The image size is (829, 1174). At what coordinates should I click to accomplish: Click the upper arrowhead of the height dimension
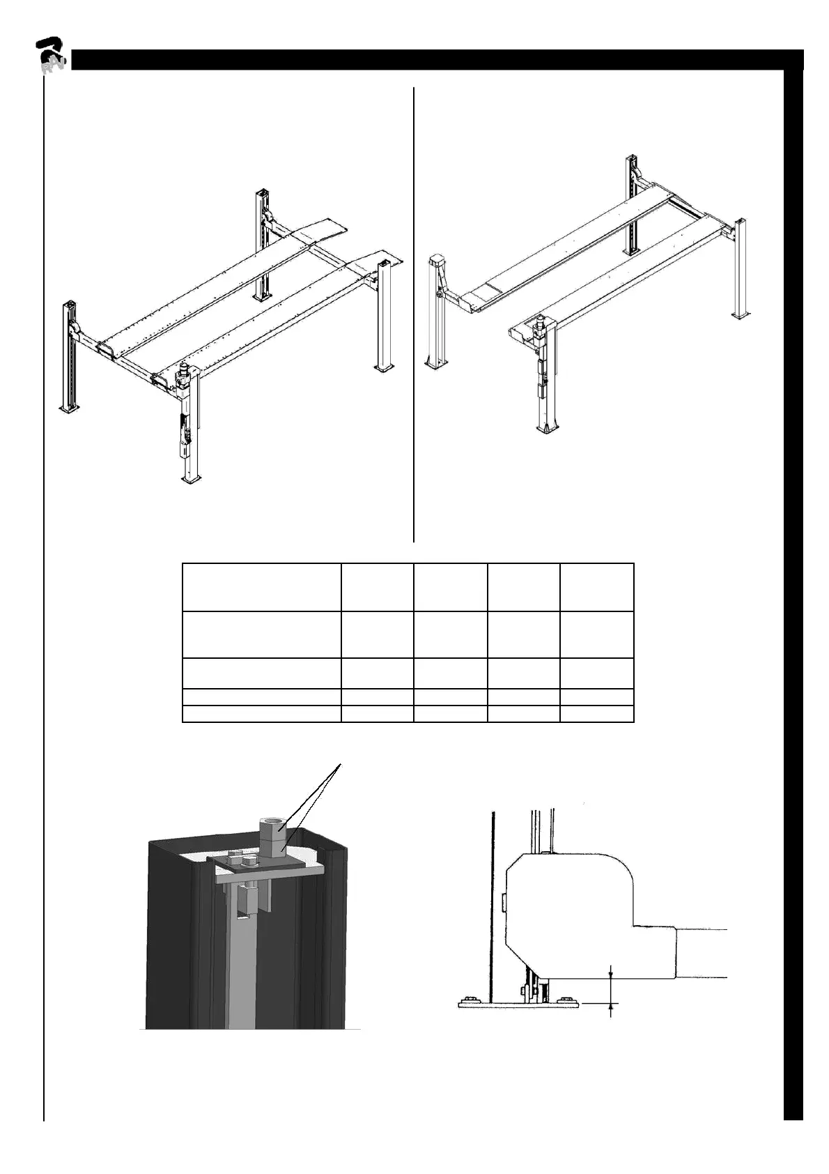pos(611,975)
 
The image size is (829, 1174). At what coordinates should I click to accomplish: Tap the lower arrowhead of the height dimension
pos(611,1008)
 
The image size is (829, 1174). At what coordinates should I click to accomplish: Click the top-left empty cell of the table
pos(261,588)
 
